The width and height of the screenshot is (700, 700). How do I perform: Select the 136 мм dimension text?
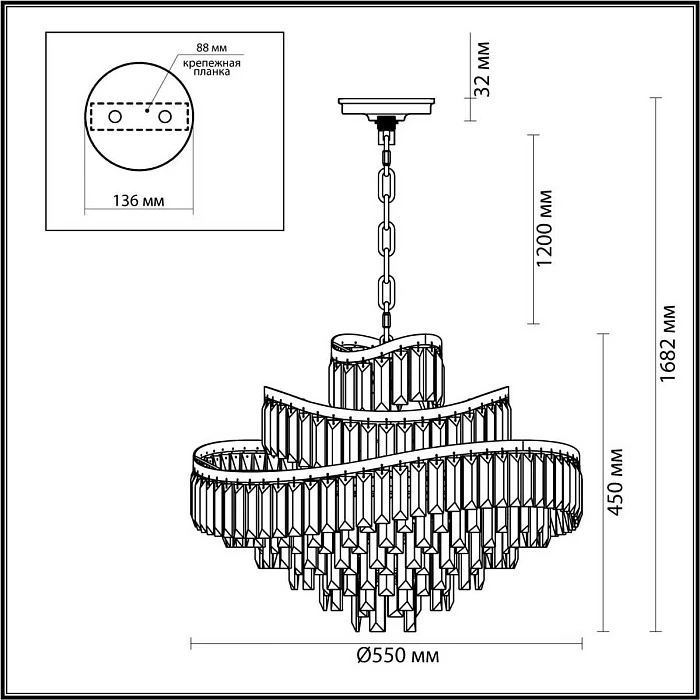138,200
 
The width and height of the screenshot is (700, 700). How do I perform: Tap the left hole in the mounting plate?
115,118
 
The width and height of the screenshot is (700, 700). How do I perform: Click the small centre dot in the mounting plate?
146,112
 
